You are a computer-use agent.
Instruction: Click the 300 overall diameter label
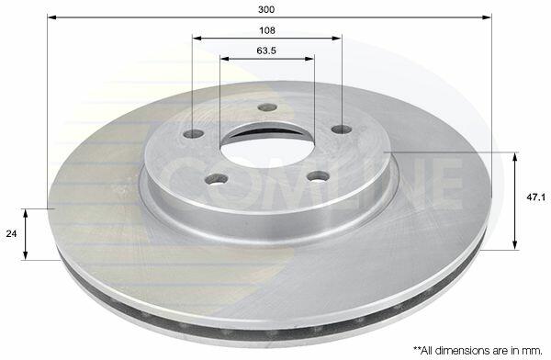click(x=266, y=9)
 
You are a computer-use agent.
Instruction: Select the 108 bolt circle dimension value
click(x=267, y=30)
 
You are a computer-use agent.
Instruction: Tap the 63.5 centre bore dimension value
click(x=266, y=51)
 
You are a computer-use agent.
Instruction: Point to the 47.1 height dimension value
click(x=535, y=197)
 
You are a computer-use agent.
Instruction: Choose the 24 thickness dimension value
click(x=11, y=233)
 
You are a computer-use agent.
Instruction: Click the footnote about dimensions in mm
click(x=478, y=350)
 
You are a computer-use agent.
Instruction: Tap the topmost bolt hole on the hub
click(x=267, y=107)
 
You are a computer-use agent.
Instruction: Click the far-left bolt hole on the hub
click(x=194, y=133)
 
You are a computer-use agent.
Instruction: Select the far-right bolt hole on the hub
click(x=342, y=129)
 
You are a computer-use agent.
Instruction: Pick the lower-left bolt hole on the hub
click(x=216, y=179)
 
